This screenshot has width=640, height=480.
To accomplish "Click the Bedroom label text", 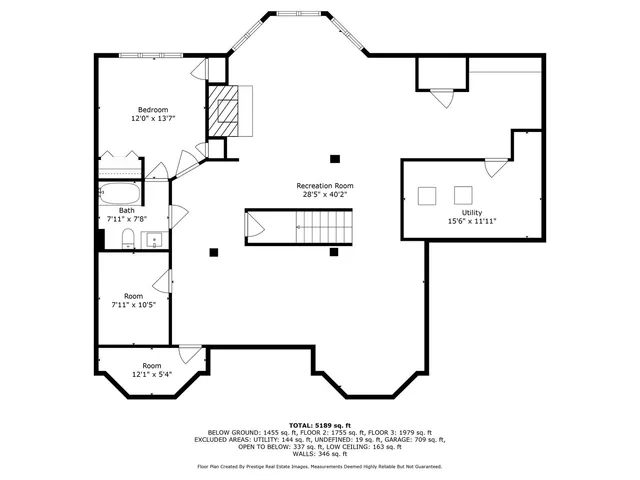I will coord(153,109).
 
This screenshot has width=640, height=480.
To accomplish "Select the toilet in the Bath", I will coord(128,237).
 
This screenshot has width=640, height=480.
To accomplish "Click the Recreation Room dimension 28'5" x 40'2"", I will coord(324,195).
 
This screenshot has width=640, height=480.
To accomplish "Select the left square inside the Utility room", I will coord(428,195).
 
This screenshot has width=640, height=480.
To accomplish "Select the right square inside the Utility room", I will coord(463,195).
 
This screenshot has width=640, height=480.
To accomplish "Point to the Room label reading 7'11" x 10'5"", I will coord(133,304).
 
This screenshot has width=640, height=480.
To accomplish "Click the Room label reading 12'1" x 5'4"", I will coord(151,374).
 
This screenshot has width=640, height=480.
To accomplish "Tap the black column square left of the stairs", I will coord(213,252).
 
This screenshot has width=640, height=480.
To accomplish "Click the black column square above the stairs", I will coord(334,158).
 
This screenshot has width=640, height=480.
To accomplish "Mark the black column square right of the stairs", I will coord(334,252).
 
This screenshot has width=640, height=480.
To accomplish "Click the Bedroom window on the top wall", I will coord(151,54).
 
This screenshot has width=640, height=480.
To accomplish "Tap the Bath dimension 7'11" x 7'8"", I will coord(127,218).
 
